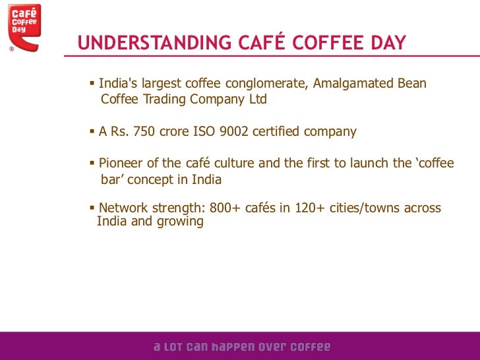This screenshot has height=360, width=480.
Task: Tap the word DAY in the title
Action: click(386, 44)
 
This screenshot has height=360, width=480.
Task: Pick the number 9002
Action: click(233, 132)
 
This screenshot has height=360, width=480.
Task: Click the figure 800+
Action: click(225, 208)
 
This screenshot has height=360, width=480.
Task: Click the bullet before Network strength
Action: click(92, 208)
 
